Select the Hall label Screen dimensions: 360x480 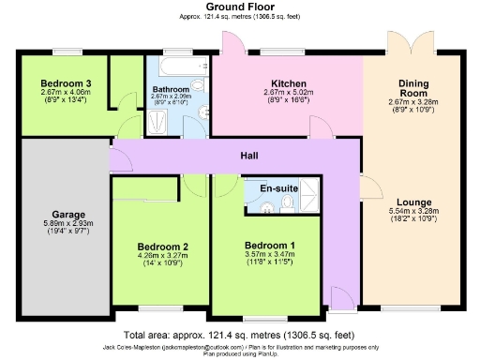point(248,156)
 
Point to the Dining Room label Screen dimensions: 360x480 point(412,88)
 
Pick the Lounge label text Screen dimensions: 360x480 point(412,202)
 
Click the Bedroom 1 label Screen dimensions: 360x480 point(269,246)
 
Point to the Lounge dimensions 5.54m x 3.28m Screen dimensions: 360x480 point(412,212)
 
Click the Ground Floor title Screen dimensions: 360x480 point(240,7)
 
